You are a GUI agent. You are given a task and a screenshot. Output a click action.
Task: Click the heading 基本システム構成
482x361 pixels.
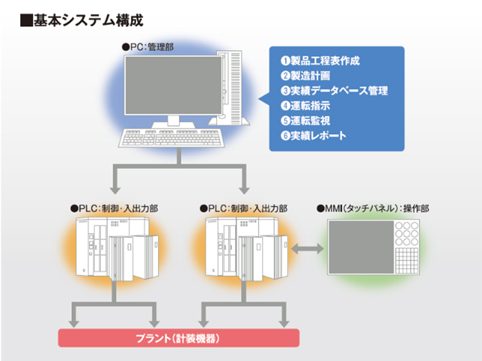(x=88, y=21)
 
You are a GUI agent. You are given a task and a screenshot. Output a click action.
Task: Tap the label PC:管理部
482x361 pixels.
(x=148, y=47)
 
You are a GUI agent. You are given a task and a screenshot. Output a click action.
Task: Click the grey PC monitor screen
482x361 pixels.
(x=173, y=85)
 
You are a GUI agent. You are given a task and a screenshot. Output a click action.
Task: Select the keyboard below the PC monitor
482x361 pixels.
(x=171, y=138)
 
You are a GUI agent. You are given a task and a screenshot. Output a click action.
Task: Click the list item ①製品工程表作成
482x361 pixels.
(x=320, y=61)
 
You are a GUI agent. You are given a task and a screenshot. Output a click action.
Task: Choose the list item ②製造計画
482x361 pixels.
(x=305, y=76)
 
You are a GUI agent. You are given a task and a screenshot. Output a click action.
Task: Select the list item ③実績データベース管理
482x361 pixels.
(x=334, y=91)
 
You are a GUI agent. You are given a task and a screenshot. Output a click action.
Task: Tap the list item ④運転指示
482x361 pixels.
(x=305, y=106)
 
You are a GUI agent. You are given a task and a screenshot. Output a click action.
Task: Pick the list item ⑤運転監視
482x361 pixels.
(x=305, y=121)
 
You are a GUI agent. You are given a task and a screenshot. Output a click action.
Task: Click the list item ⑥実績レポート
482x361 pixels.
(x=313, y=136)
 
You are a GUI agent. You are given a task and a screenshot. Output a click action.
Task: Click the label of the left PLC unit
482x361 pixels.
(x=114, y=208)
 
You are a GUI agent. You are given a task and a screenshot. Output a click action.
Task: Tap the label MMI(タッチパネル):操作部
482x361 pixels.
(x=373, y=208)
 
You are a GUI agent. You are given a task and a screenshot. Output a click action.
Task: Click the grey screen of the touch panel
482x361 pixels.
(x=361, y=247)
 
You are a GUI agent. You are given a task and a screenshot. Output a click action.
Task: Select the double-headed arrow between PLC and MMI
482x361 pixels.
(x=307, y=249)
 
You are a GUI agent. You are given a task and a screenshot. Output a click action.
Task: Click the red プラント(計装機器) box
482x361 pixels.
(x=179, y=338)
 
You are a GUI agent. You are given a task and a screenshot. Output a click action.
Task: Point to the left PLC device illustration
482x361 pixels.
(x=117, y=249)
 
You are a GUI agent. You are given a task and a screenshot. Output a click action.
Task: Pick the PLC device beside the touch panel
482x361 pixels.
(x=247, y=249)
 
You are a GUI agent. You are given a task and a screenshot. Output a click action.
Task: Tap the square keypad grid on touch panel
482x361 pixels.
(x=407, y=261)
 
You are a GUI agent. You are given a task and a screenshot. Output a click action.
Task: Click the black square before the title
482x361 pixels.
(x=26, y=21)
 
